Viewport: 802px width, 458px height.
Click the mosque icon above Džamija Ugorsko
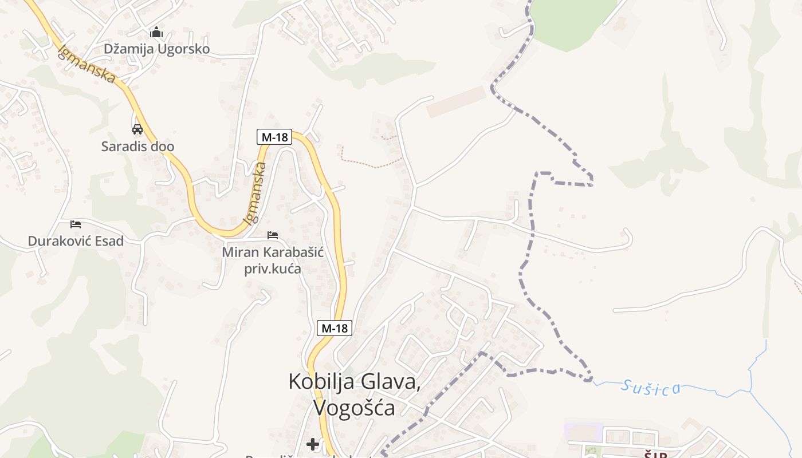click(x=156, y=33)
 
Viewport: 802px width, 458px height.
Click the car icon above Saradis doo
click(x=137, y=129)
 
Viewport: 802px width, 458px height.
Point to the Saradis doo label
click(x=137, y=147)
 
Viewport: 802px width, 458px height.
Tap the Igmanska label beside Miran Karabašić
click(x=255, y=193)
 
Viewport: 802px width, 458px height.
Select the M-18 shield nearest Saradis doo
click(x=274, y=137)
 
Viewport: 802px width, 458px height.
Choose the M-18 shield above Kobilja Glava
click(x=335, y=329)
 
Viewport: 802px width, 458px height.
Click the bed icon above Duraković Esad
click(x=76, y=224)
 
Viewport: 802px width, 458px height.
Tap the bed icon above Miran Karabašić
click(x=273, y=235)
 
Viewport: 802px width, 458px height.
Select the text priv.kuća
click(x=273, y=269)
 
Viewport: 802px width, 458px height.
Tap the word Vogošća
click(x=354, y=408)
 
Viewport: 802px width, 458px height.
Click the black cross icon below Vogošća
click(x=313, y=444)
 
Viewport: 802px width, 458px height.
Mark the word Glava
click(x=394, y=381)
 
